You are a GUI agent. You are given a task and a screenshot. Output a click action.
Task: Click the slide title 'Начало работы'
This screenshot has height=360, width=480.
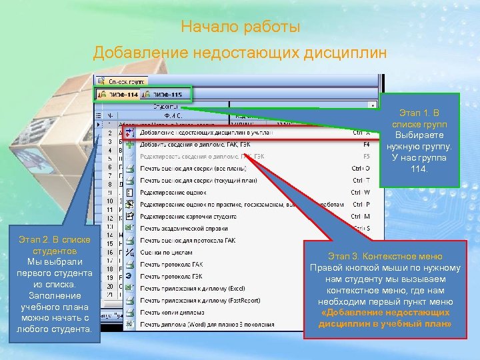(x=240, y=28)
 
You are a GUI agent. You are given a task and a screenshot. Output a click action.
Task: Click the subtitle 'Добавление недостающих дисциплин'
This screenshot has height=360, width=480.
(x=239, y=52)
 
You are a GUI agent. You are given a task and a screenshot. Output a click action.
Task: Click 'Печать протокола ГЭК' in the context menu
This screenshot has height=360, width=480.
(x=171, y=276)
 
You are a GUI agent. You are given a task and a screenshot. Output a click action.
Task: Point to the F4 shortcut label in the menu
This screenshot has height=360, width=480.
(x=366, y=144)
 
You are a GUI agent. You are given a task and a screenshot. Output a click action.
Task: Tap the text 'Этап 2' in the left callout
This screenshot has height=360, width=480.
(x=37, y=238)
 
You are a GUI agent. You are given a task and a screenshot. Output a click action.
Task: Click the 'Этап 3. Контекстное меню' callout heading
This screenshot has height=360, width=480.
(x=385, y=256)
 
